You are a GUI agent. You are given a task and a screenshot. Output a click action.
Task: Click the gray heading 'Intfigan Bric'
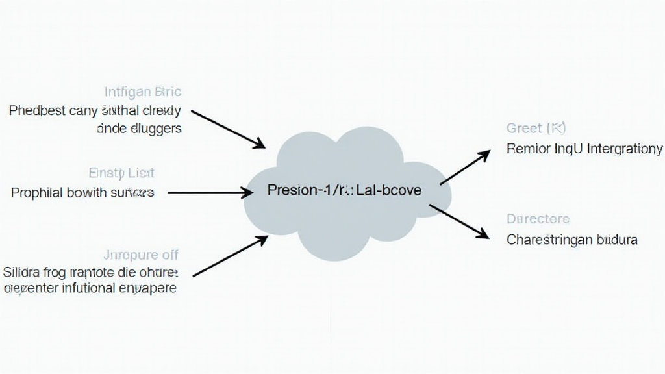click(143, 92)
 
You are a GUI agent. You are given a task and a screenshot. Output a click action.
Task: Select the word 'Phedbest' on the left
click(37, 110)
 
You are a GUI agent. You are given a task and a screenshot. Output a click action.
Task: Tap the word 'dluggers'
click(156, 129)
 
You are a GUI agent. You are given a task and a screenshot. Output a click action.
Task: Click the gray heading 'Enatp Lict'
click(121, 173)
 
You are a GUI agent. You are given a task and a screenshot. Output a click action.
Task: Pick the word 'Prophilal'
click(37, 193)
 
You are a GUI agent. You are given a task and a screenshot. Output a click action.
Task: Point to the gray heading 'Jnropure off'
click(141, 255)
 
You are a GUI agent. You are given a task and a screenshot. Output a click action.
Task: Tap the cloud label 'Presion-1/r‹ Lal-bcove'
click(344, 190)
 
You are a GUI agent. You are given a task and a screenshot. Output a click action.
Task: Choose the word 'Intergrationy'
click(624, 149)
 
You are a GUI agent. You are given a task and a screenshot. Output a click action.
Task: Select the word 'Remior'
click(528, 149)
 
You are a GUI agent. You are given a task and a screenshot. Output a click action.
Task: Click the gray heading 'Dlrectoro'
click(538, 219)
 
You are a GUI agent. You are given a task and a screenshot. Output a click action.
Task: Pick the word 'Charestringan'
click(547, 240)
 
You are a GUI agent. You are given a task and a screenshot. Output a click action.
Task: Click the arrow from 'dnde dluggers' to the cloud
click(228, 129)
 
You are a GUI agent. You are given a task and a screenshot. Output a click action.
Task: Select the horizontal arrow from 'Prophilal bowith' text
click(210, 193)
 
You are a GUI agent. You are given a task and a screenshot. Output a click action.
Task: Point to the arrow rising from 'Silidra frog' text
click(231, 256)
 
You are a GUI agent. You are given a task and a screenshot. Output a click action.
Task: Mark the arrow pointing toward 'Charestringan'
click(460, 221)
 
